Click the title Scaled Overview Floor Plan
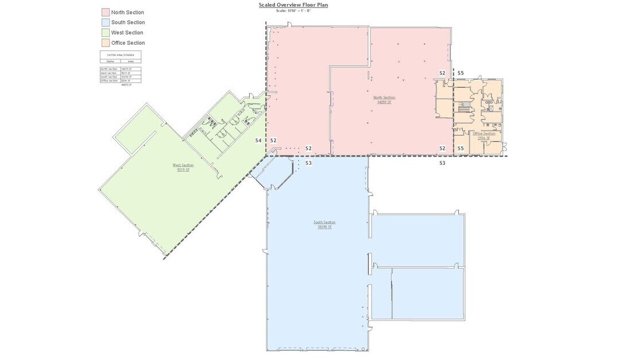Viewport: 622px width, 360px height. (x=293, y=5)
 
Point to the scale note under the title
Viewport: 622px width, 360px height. (x=293, y=10)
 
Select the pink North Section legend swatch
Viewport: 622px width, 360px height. (x=105, y=12)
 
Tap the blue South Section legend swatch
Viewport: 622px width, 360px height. (x=105, y=22)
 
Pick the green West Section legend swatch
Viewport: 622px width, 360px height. (x=105, y=33)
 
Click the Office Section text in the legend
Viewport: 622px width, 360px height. (x=128, y=43)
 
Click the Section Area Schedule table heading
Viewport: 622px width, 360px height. (x=120, y=55)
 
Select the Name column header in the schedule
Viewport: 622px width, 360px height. (x=110, y=61)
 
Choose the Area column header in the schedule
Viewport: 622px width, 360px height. (x=130, y=61)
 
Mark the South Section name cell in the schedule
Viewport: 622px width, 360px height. (x=109, y=77)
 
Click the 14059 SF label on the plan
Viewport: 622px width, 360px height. (x=384, y=102)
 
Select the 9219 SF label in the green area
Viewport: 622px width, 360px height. (x=183, y=169)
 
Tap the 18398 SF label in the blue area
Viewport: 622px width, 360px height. (x=324, y=227)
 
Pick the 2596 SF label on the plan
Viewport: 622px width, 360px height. (x=484, y=138)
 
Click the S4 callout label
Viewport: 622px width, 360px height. (x=258, y=141)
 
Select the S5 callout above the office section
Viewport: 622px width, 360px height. (x=460, y=73)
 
